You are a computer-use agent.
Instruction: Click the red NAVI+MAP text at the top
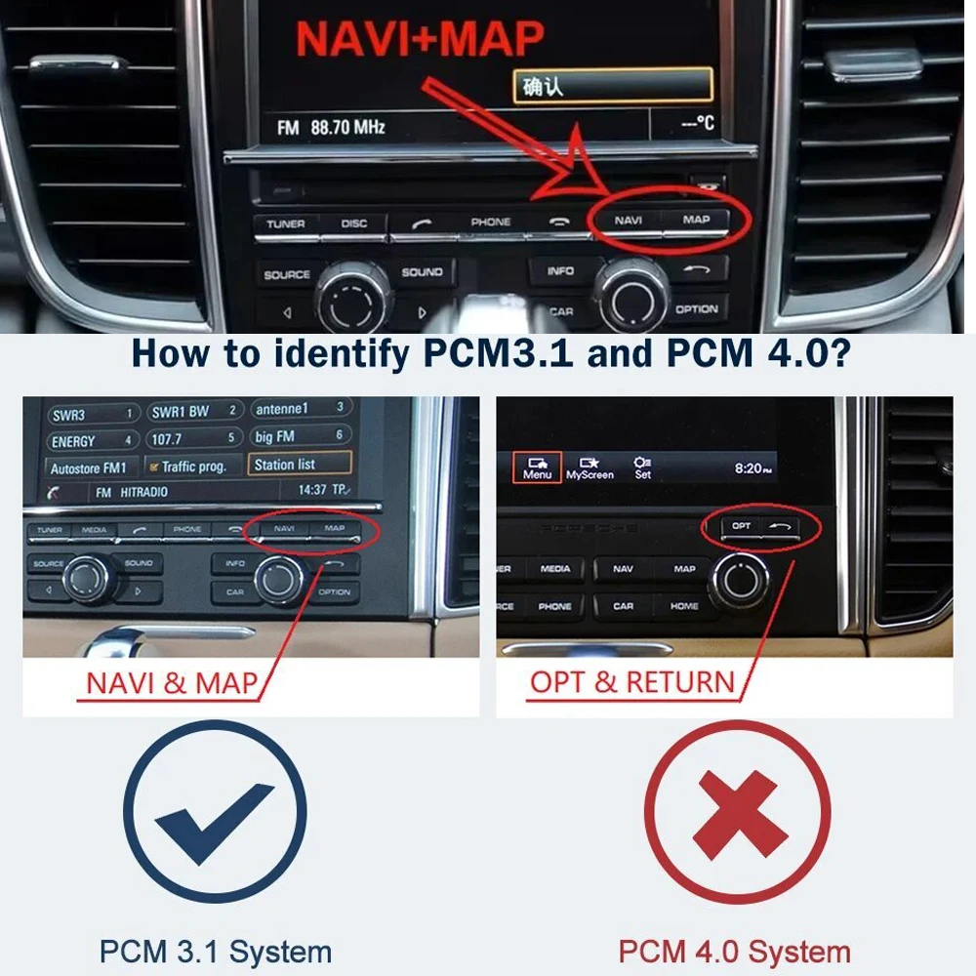(x=420, y=39)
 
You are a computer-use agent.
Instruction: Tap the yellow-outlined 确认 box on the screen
(x=612, y=87)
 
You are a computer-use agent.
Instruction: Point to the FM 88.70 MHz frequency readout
(x=332, y=127)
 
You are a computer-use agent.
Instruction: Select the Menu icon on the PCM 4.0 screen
(x=537, y=467)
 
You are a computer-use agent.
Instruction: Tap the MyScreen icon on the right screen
(x=590, y=468)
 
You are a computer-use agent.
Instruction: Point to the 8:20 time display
(x=752, y=468)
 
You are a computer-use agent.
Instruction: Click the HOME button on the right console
(x=684, y=606)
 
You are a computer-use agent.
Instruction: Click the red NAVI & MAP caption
(x=171, y=682)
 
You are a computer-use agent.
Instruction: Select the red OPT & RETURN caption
(x=631, y=682)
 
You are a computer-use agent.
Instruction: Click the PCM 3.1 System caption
(x=215, y=951)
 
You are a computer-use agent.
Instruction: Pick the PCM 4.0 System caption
(x=734, y=951)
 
